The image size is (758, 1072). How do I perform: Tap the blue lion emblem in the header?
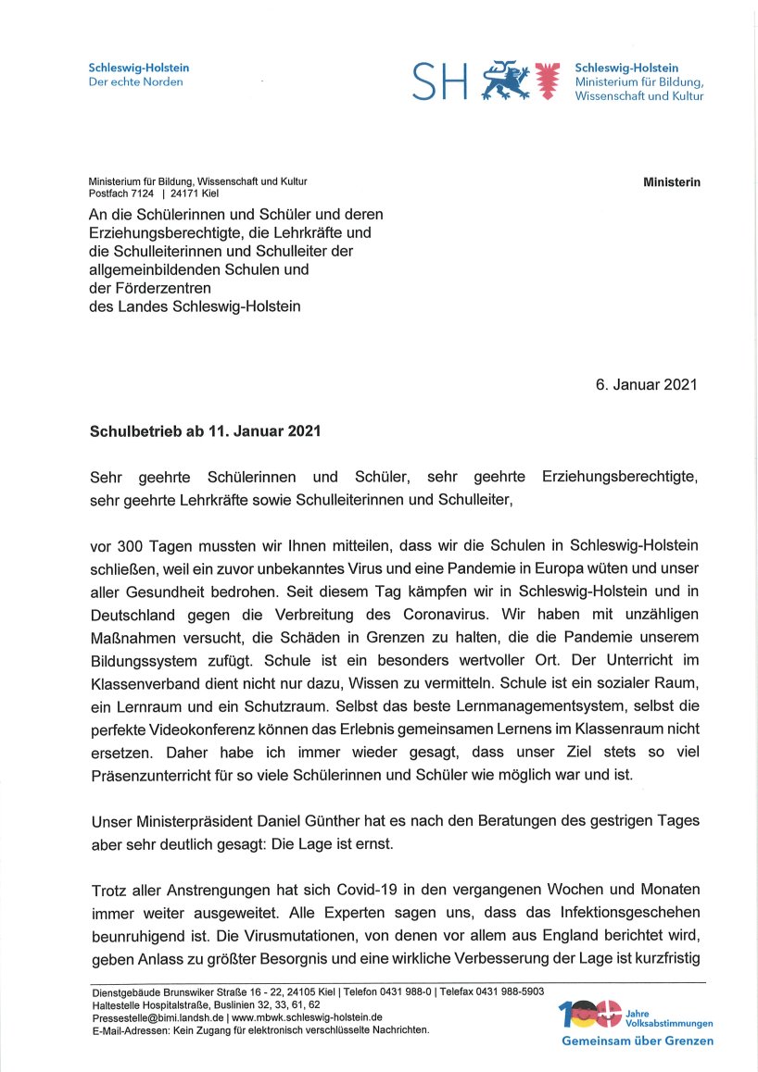click(505, 81)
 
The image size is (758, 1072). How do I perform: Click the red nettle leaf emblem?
click(549, 81)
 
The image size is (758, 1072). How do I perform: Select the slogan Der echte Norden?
click(135, 81)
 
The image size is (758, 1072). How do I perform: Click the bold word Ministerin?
click(672, 182)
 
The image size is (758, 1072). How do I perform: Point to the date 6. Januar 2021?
click(646, 384)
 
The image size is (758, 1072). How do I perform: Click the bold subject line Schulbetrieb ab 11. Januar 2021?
click(205, 431)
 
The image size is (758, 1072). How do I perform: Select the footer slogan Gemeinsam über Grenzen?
click(638, 1041)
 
